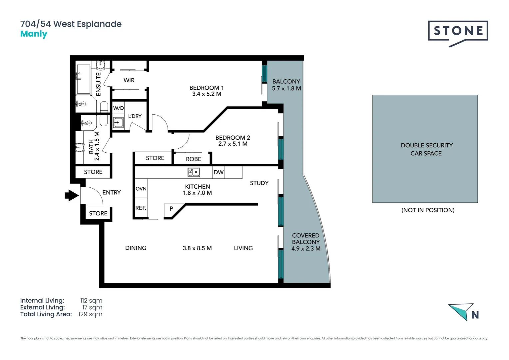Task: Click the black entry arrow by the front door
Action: point(71,195)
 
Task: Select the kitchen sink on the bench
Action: point(194,172)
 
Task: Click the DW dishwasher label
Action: point(219,172)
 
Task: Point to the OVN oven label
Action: point(141,189)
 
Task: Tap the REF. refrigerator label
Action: point(141,208)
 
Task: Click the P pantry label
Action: point(171,209)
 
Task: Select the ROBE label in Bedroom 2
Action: point(194,159)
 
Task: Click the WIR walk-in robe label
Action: point(129,80)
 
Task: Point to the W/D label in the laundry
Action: point(118,108)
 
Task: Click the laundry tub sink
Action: point(118,122)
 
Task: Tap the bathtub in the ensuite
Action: point(83,79)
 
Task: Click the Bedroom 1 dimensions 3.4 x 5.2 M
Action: point(207,94)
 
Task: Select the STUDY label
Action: point(259,183)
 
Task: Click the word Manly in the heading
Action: point(34,34)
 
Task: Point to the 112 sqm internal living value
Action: point(91,301)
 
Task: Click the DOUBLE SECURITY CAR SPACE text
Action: point(426,149)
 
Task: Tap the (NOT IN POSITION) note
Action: point(428,210)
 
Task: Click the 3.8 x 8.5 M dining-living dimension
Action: point(197,248)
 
